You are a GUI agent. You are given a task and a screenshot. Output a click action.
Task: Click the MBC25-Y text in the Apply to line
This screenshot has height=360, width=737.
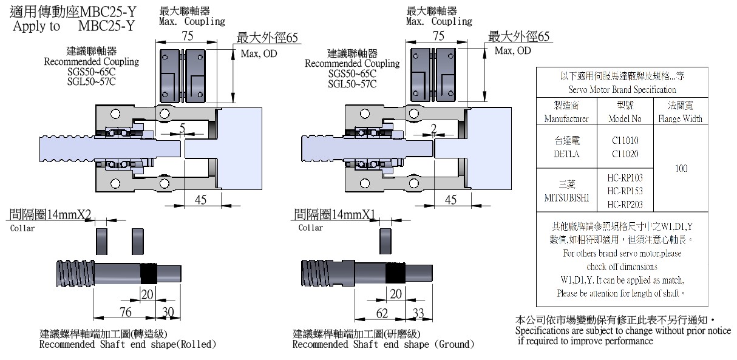click(x=106, y=26)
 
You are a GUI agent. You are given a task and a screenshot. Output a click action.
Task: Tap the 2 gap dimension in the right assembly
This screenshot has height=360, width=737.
click(x=433, y=128)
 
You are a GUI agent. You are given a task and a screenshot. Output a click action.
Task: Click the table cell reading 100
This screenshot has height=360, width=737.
click(x=681, y=168)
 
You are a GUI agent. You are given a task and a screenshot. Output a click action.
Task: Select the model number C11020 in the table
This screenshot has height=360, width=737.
click(x=625, y=154)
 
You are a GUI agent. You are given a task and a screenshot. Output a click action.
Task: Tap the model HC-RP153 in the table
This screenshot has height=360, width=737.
click(x=625, y=191)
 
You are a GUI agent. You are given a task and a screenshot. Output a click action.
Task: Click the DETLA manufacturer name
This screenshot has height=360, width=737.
click(x=566, y=154)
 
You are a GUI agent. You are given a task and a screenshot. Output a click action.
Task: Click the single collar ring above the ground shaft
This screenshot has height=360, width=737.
click(x=385, y=242)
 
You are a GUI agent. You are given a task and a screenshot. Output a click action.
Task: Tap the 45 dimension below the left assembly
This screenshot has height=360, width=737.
click(x=199, y=199)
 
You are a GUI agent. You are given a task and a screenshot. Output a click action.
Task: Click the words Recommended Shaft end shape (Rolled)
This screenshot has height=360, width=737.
click(x=127, y=345)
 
